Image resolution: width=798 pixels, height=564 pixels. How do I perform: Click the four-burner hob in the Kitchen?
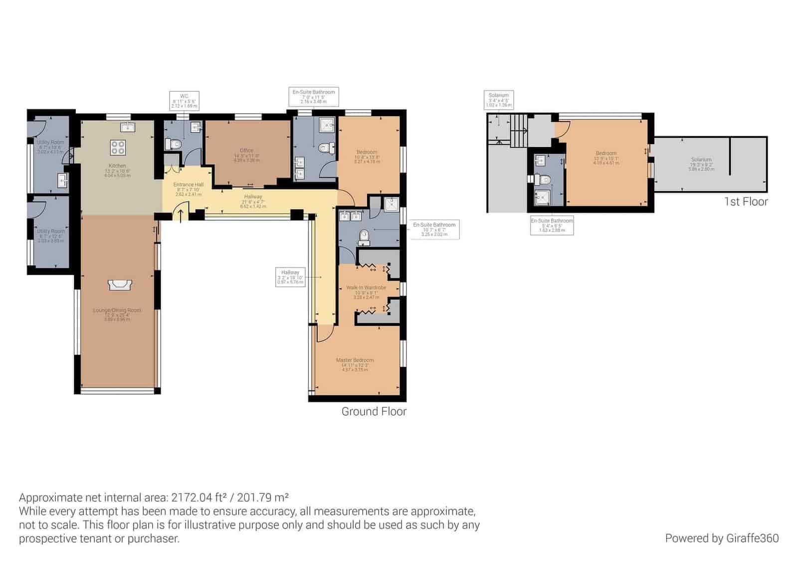coord(118,148)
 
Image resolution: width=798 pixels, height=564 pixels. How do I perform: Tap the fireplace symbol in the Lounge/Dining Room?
coord(120,285)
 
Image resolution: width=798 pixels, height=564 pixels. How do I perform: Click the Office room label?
coord(246,150)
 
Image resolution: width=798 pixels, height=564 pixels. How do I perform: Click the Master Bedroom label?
coord(355,360)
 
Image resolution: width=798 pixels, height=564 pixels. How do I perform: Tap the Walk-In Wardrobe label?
coord(366,288)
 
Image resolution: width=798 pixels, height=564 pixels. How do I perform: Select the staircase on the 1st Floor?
coord(519,131)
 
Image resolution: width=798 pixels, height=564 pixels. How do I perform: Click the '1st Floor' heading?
coord(746,201)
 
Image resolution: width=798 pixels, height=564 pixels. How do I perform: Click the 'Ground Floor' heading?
coord(374,411)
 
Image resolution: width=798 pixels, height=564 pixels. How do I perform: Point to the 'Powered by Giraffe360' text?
coord(721,538)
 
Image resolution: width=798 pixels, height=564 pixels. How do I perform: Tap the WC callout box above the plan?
coord(184,100)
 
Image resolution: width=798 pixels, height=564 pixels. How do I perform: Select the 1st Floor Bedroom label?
coord(606,153)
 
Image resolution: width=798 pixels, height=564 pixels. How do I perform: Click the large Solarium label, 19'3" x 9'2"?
coord(701,160)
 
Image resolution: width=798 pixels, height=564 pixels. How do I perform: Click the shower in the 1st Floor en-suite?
coord(541,197)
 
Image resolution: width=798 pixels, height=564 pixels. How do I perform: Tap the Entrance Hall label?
coord(189,185)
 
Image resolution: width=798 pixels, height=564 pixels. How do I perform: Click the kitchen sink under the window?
coord(128,126)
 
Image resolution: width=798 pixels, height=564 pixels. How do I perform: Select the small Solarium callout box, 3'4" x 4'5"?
coord(498,100)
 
